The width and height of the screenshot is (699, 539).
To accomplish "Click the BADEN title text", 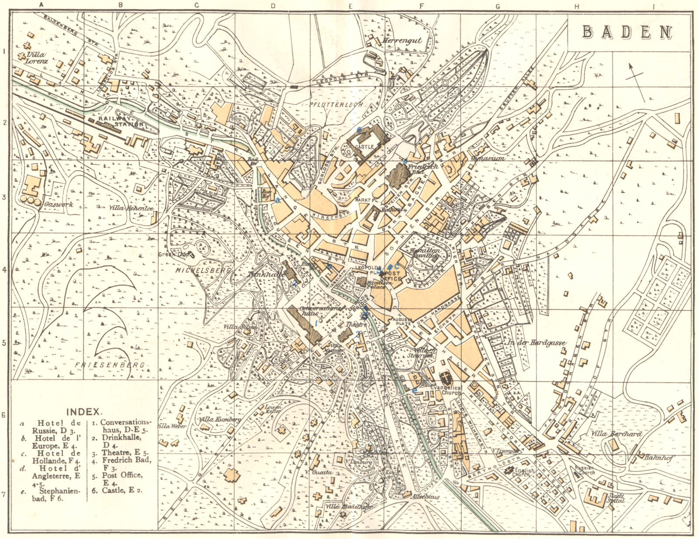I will point(627,32).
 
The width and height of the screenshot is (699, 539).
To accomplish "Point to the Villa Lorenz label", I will point(37,58).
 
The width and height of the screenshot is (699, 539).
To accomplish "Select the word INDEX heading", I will point(84,411).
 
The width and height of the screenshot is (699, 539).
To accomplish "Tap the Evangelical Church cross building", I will point(446,377).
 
